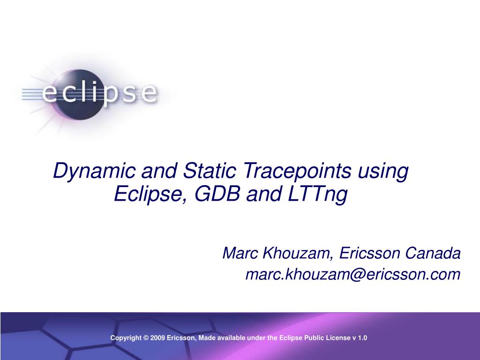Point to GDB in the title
click(217, 194)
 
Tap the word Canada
click(433, 253)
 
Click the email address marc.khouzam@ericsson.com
click(353, 274)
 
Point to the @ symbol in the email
click(356, 275)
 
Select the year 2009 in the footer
click(157, 338)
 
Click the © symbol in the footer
click(146, 338)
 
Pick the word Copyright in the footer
click(126, 338)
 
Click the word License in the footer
click(338, 338)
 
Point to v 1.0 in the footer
click(360, 338)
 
